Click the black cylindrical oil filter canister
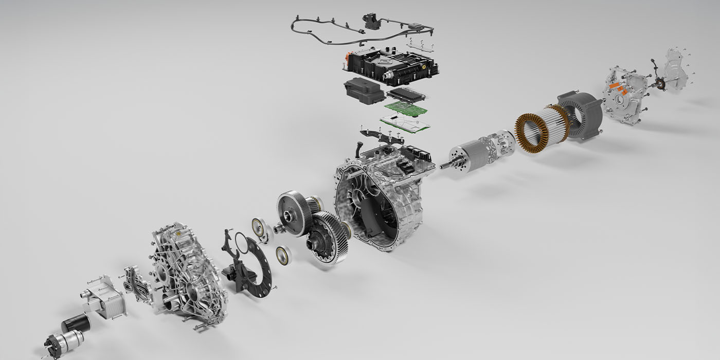(x=76, y=323)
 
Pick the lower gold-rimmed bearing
(x=282, y=255)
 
